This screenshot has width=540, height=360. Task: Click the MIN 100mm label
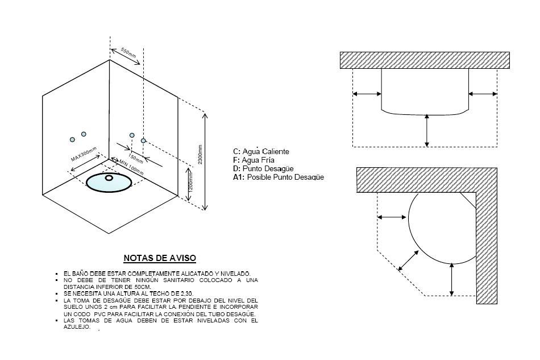click(x=131, y=167)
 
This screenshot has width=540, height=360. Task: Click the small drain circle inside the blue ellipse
click(x=110, y=177)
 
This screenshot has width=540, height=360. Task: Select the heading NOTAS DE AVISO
click(x=160, y=258)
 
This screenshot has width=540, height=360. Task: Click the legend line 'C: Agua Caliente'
click(x=261, y=151)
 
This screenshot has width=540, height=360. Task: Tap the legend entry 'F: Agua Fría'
click(x=254, y=160)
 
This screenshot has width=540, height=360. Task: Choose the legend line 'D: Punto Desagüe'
click(x=263, y=168)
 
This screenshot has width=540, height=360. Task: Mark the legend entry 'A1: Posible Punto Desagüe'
click(x=279, y=177)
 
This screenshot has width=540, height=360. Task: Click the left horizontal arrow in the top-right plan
click(x=367, y=94)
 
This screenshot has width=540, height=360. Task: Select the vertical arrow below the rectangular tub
click(x=427, y=130)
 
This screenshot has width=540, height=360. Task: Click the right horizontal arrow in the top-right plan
click(x=483, y=94)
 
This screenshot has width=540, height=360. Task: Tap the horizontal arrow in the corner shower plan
click(x=392, y=217)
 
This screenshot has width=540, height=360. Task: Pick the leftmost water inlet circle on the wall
click(x=72, y=139)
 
